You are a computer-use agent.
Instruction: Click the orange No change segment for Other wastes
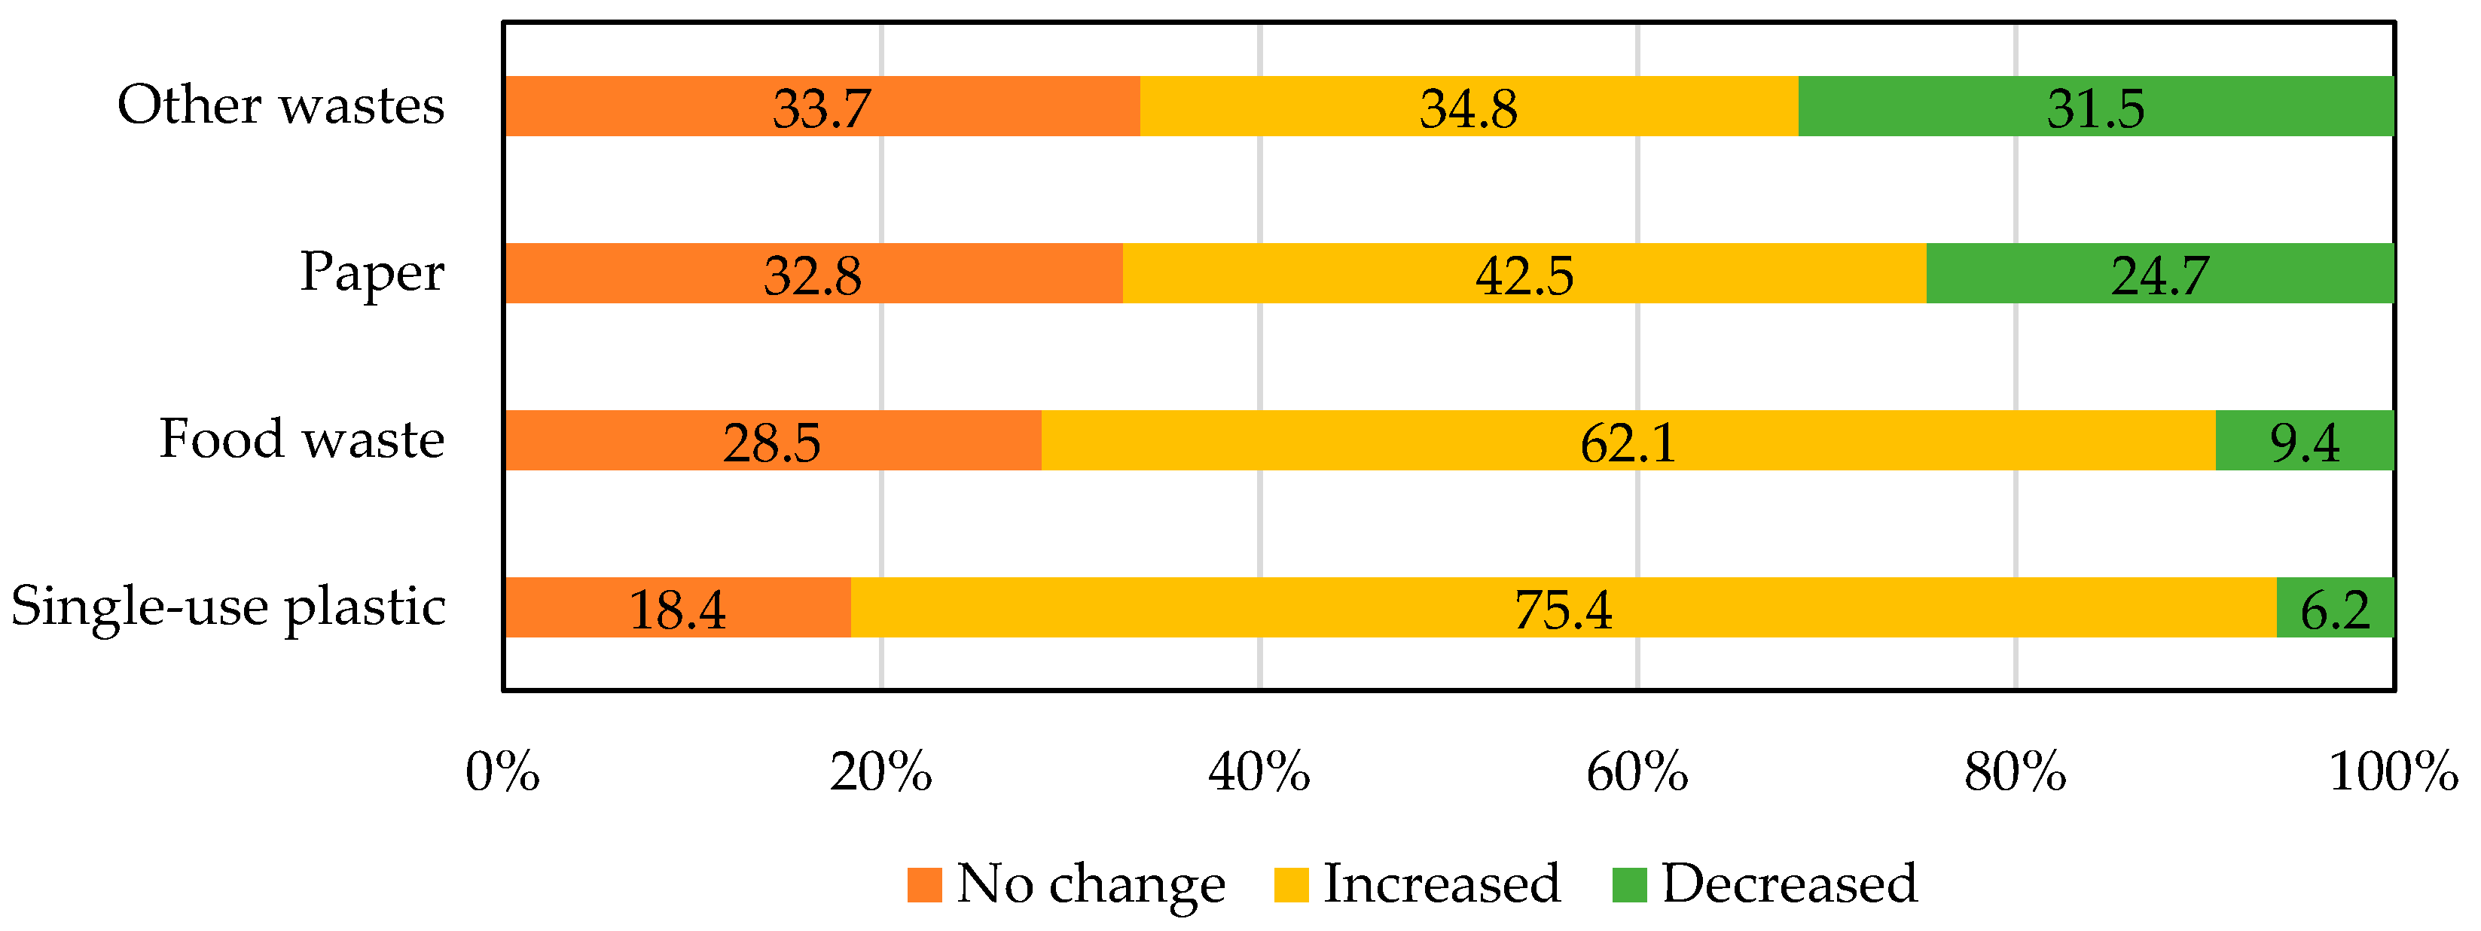822,106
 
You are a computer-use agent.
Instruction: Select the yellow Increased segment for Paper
1524,273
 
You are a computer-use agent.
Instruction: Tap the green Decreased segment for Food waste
2305,440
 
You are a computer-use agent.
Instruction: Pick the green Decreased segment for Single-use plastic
2336,607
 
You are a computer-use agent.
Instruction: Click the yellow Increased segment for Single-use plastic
1564,607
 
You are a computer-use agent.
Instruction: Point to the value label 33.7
822,108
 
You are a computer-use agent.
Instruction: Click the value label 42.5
1524,275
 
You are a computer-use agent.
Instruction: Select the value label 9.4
2305,443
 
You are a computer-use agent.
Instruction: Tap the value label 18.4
677,610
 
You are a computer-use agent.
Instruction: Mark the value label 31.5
2096,108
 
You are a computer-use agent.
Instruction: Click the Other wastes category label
281,104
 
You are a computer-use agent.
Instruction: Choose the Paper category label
373,273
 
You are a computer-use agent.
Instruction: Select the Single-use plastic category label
228,607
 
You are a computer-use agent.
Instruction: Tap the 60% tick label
1637,772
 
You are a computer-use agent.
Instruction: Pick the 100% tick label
2394,772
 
